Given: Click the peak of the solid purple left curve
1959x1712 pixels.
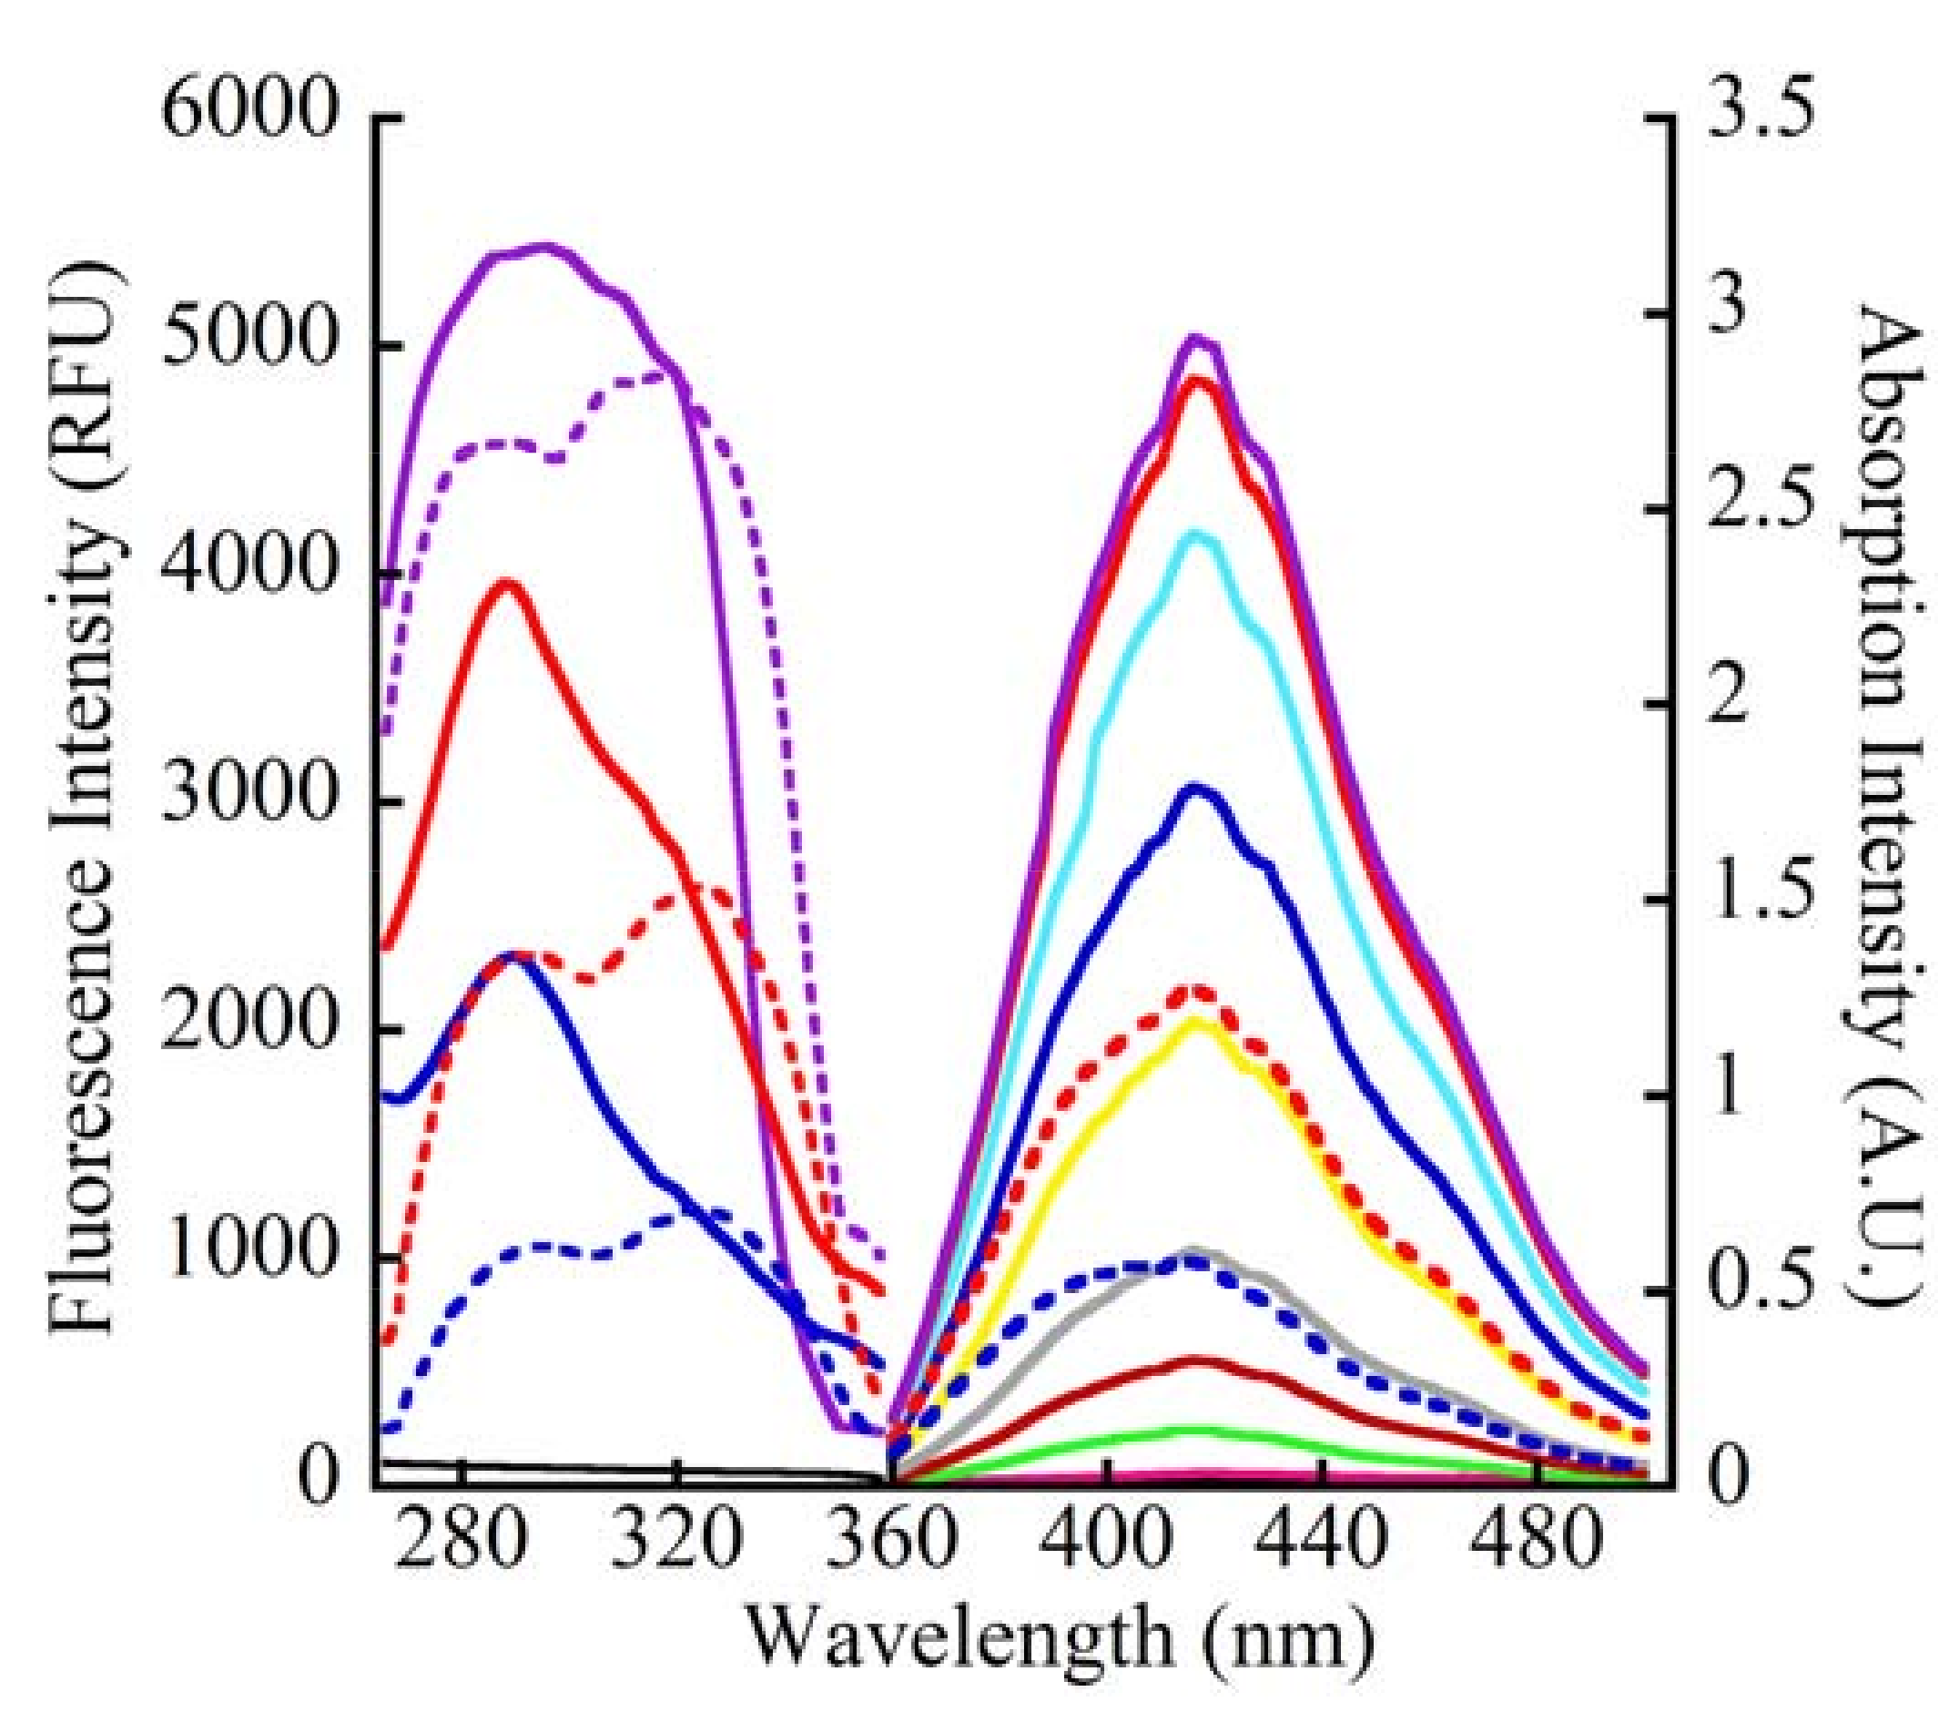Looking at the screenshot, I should tap(544, 247).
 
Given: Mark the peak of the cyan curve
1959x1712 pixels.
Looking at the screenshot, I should tap(1198, 535).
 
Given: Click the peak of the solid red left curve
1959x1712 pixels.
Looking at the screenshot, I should tap(508, 583).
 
